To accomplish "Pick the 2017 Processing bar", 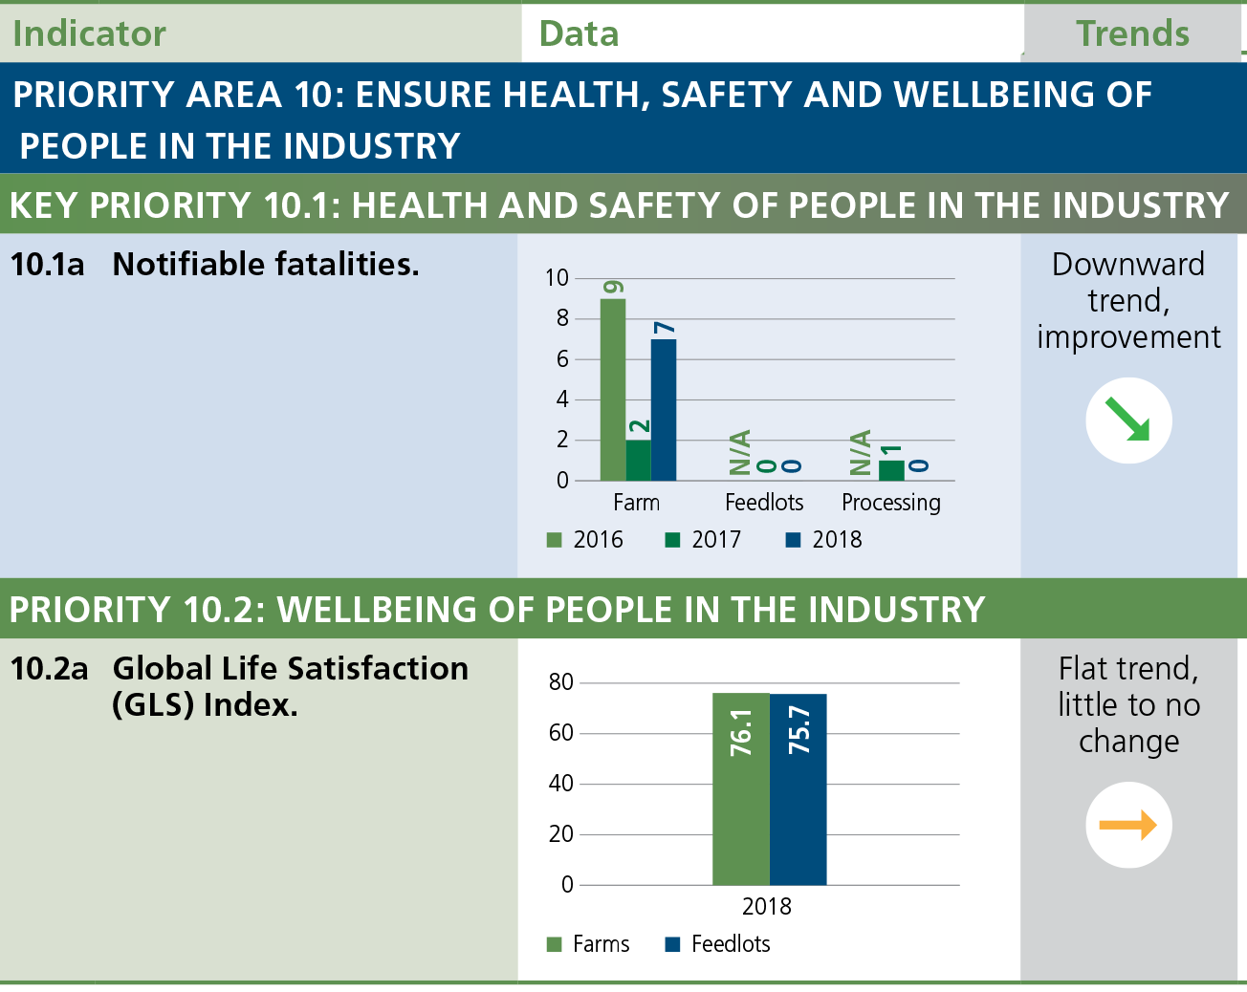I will click(x=891, y=470).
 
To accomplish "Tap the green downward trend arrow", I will click(x=1128, y=421).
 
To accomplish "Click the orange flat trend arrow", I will click(x=1128, y=825).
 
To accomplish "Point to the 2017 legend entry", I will click(x=704, y=540).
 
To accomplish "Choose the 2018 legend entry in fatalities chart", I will click(x=824, y=540).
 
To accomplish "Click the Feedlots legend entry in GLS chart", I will click(x=718, y=944).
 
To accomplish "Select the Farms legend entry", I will click(x=588, y=944).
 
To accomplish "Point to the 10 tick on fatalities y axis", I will click(x=557, y=278).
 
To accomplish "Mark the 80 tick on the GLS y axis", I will click(x=561, y=682).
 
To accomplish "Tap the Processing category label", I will click(x=891, y=503).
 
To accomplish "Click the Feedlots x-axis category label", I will click(x=764, y=503).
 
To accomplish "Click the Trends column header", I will click(x=1132, y=33).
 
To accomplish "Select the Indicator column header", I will click(x=90, y=33).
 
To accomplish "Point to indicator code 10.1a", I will click(x=48, y=264).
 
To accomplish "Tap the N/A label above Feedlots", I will click(x=739, y=452).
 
